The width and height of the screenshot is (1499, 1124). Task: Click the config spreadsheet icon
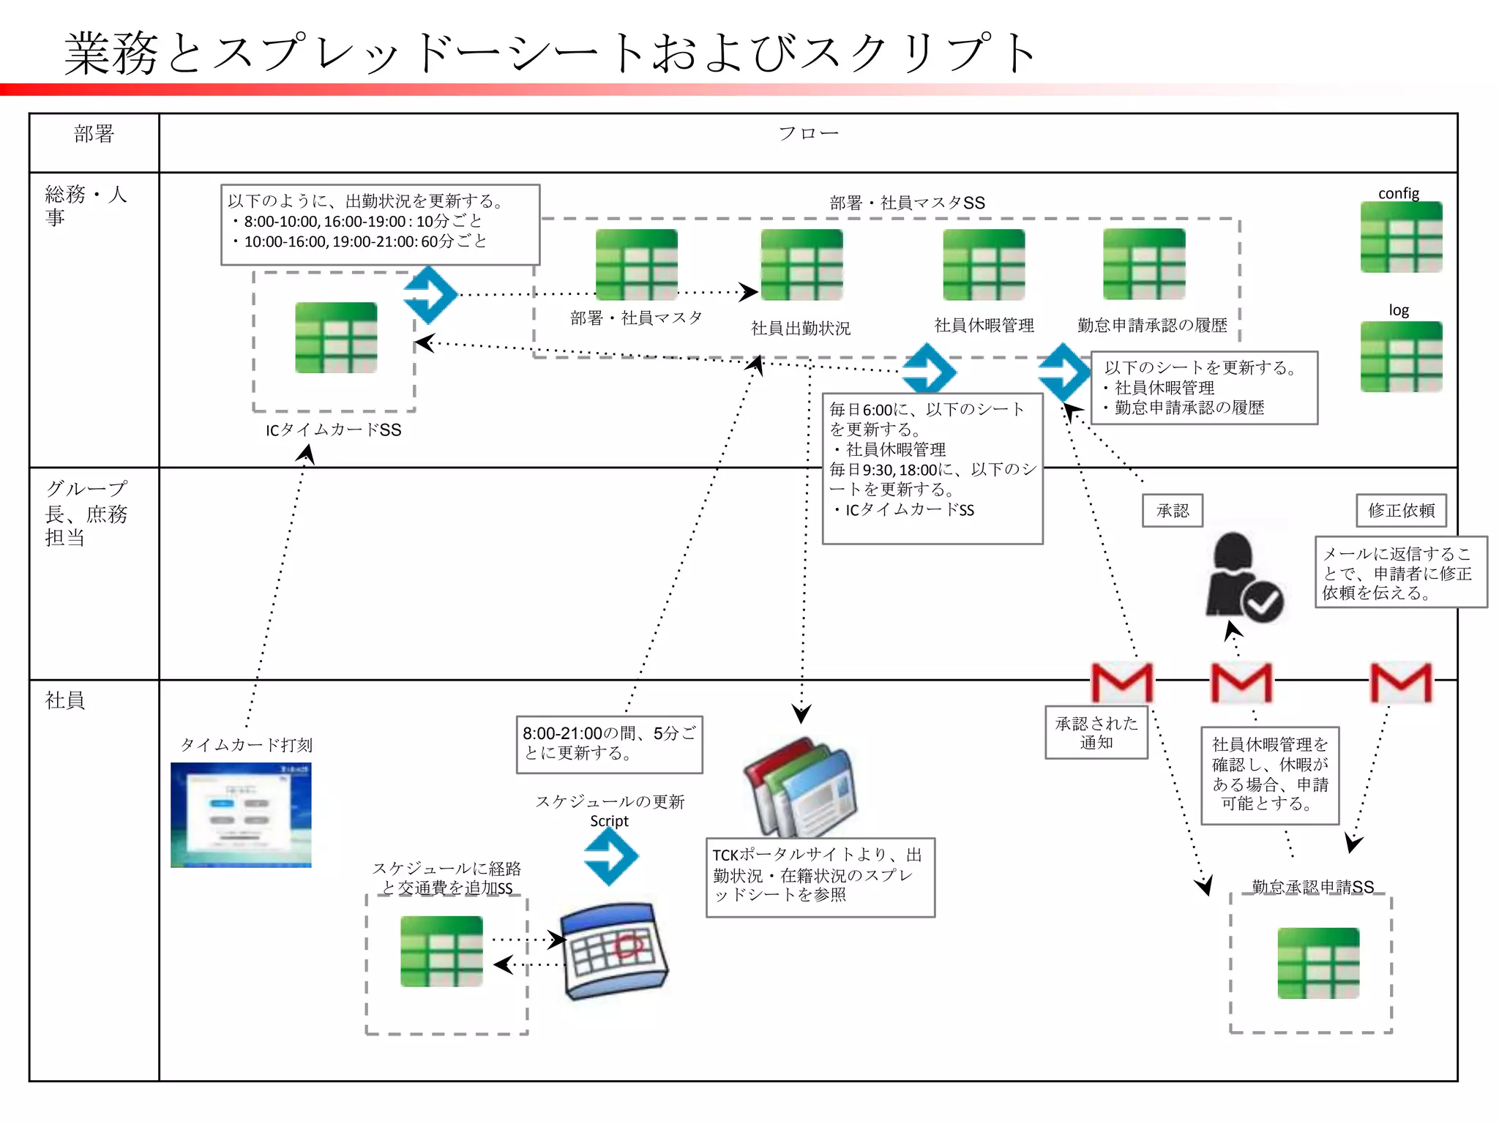pos(1401,237)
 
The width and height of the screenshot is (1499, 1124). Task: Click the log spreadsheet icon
pos(1401,357)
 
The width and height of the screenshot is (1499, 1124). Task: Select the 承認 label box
pos(1173,511)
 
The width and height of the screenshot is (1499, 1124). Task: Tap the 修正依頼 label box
pos(1401,511)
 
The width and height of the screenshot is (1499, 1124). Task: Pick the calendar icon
pos(615,951)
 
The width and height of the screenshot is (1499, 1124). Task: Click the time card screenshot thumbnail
pos(241,815)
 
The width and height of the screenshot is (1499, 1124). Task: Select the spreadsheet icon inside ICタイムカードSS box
pos(336,338)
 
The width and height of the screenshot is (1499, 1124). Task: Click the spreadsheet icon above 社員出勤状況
pos(801,265)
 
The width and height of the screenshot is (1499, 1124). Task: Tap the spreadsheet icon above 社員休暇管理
pos(984,265)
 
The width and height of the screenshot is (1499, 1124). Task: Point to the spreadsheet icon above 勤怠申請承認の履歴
pos(1144,264)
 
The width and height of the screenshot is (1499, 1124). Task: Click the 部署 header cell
pos(94,135)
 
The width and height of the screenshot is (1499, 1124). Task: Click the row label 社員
pos(65,701)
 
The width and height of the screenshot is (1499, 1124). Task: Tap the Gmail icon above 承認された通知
pos(1121,682)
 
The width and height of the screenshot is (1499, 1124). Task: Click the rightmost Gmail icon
pos(1400,682)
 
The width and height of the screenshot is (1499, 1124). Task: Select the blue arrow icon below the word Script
pos(611,856)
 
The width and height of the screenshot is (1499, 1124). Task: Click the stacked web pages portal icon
pos(801,788)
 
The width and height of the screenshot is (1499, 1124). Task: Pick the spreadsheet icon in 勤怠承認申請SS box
pos(1318,963)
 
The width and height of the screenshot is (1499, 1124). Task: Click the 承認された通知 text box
pos(1096,733)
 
